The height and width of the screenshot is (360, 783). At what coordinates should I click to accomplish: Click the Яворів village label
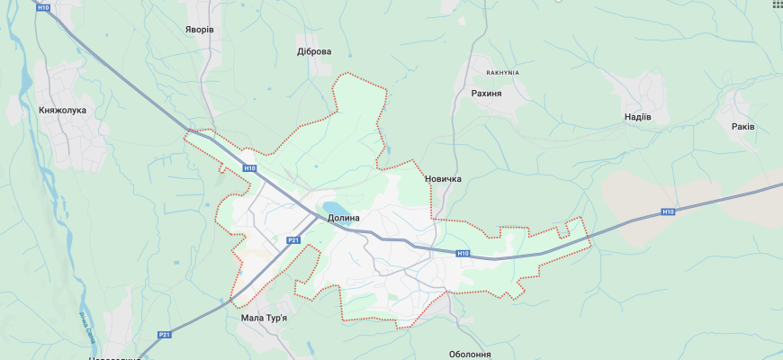pos(200,30)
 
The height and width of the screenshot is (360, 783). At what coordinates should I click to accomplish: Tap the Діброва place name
pos(314,51)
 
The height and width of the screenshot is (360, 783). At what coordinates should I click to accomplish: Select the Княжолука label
pos(62,111)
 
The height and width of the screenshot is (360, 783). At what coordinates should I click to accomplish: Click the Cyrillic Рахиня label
pos(486,93)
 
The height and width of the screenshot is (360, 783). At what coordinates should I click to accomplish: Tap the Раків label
pos(743,127)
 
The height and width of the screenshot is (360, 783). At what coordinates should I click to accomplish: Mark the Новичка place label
pos(443,179)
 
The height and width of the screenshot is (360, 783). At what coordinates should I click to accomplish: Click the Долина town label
pos(343,218)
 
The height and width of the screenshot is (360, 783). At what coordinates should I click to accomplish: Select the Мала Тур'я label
pos(265,318)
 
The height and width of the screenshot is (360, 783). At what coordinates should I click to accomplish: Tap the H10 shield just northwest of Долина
pos(249,168)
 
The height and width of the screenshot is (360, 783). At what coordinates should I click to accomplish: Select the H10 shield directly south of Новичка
pos(463,254)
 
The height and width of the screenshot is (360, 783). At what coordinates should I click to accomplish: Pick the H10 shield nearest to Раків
pos(667,212)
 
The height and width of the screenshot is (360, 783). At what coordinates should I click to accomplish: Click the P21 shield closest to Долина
pos(293,240)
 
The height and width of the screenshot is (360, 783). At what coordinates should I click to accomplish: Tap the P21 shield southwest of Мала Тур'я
pos(164,335)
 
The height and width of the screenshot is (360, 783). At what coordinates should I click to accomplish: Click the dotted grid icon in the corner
pos(777,4)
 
